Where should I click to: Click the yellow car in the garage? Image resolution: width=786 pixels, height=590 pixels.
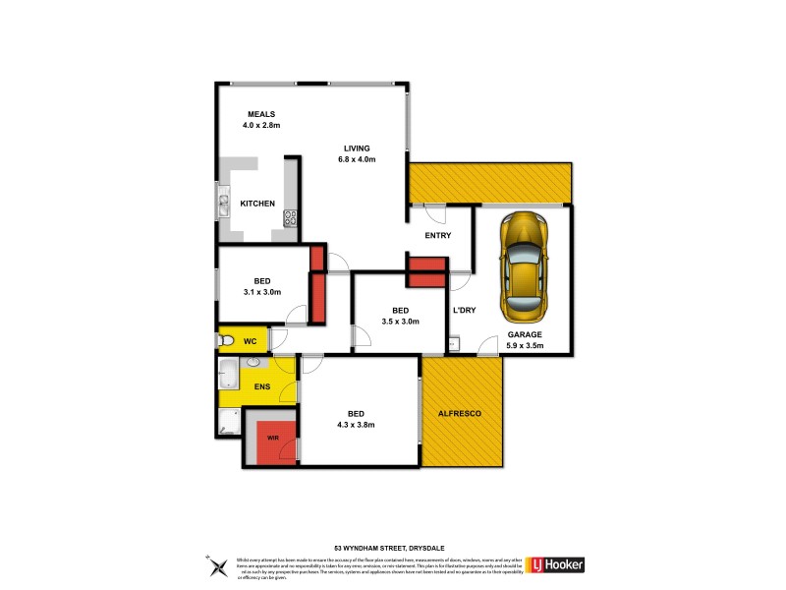pos(524,266)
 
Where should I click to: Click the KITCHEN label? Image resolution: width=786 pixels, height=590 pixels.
pos(257,204)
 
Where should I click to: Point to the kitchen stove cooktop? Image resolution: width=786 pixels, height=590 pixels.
pos(291,218)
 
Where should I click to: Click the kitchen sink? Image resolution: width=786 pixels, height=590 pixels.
pos(223,206)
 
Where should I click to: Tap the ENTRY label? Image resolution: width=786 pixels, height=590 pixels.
pos(437,236)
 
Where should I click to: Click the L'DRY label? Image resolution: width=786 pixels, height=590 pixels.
pos(463,311)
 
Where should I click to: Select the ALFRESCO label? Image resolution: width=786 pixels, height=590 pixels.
pos(460,414)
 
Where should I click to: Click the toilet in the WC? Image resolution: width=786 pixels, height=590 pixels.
pos(225,341)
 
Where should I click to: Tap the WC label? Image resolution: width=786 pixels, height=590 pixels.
pos(251,341)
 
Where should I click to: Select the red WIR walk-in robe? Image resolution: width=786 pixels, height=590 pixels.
pos(272,441)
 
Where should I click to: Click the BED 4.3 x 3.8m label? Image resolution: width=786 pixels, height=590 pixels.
pos(360,419)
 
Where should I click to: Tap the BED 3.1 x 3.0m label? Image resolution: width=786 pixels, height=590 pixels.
pos(261,286)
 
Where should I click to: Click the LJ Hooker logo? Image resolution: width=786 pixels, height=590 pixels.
pos(557,564)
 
